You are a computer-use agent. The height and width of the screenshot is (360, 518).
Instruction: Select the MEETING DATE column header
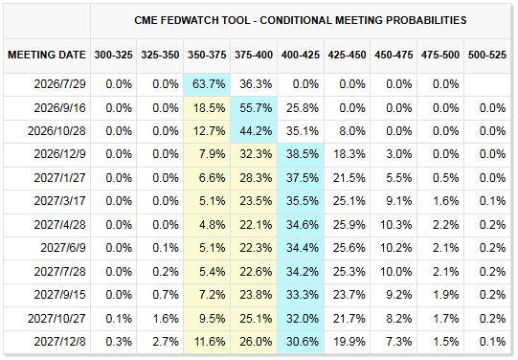[47, 55]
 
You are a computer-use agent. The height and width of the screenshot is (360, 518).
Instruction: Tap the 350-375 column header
[207, 55]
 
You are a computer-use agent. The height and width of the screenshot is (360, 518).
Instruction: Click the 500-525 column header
[487, 55]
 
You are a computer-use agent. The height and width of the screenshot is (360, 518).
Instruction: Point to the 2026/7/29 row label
[59, 84]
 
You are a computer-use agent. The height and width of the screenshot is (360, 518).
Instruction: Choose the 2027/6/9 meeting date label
[63, 248]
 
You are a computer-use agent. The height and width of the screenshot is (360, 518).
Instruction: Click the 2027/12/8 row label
[59, 342]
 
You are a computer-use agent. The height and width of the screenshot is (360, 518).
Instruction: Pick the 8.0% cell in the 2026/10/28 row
[352, 131]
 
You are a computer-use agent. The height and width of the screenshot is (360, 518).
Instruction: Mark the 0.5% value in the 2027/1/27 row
[445, 178]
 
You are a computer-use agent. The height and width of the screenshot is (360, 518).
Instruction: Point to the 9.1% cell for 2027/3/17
[399, 201]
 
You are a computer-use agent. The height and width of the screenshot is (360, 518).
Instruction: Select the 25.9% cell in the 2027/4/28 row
[349, 225]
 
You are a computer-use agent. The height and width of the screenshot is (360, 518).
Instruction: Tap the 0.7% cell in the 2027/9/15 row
[166, 295]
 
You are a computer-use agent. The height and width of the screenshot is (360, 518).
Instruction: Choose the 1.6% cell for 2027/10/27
[166, 319]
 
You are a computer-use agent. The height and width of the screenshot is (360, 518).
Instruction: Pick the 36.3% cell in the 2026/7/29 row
[256, 84]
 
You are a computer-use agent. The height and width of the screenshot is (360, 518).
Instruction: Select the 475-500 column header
[440, 55]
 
